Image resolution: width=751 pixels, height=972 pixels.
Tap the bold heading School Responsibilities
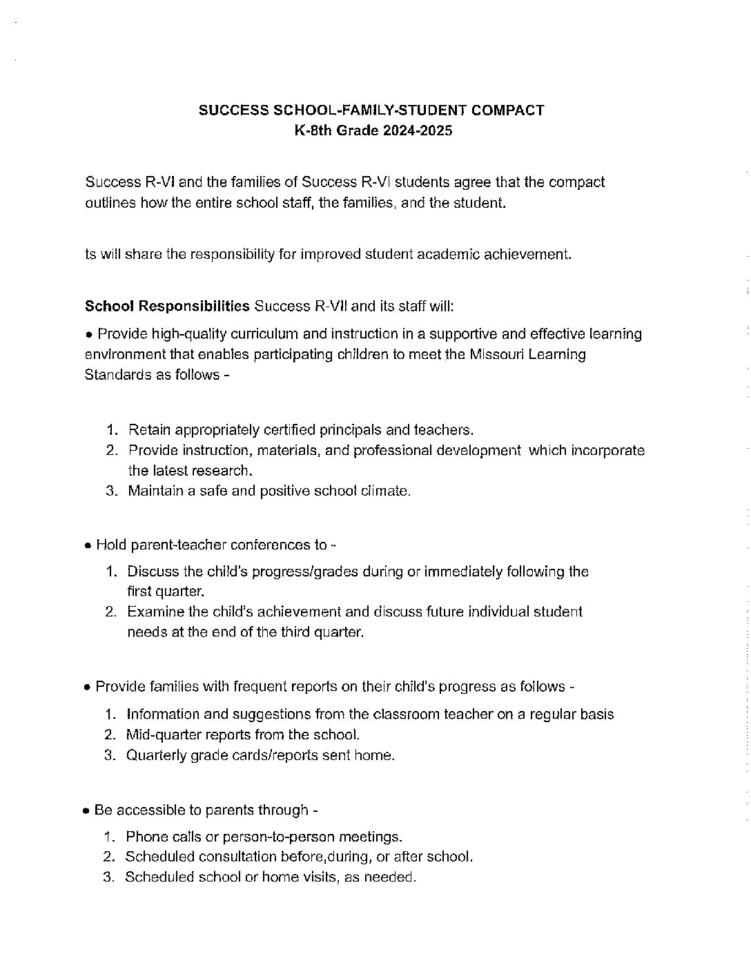167,306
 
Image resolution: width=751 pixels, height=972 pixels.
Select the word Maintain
155,491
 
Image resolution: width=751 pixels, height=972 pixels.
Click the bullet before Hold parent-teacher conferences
87,546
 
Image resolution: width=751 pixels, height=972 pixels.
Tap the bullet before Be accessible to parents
87,811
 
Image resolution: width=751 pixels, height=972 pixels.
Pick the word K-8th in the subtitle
314,130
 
